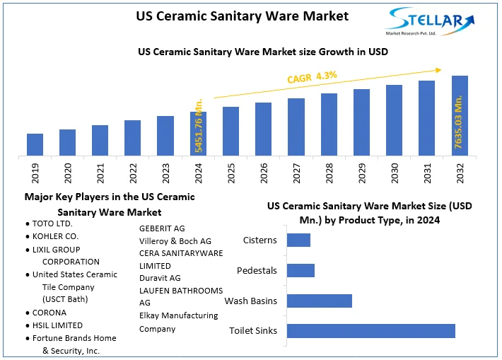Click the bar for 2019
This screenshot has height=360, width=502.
(35, 144)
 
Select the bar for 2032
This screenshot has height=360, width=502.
(460, 115)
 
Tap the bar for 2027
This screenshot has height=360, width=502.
(296, 127)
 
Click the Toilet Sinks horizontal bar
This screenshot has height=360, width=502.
(371, 331)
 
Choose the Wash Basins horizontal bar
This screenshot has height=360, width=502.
(320, 301)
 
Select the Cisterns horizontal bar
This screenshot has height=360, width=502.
(299, 240)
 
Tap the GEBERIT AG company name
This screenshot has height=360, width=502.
(162, 228)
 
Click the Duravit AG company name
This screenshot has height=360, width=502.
(160, 278)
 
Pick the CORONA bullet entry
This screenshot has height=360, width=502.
(49, 313)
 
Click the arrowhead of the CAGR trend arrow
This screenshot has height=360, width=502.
(438, 69)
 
